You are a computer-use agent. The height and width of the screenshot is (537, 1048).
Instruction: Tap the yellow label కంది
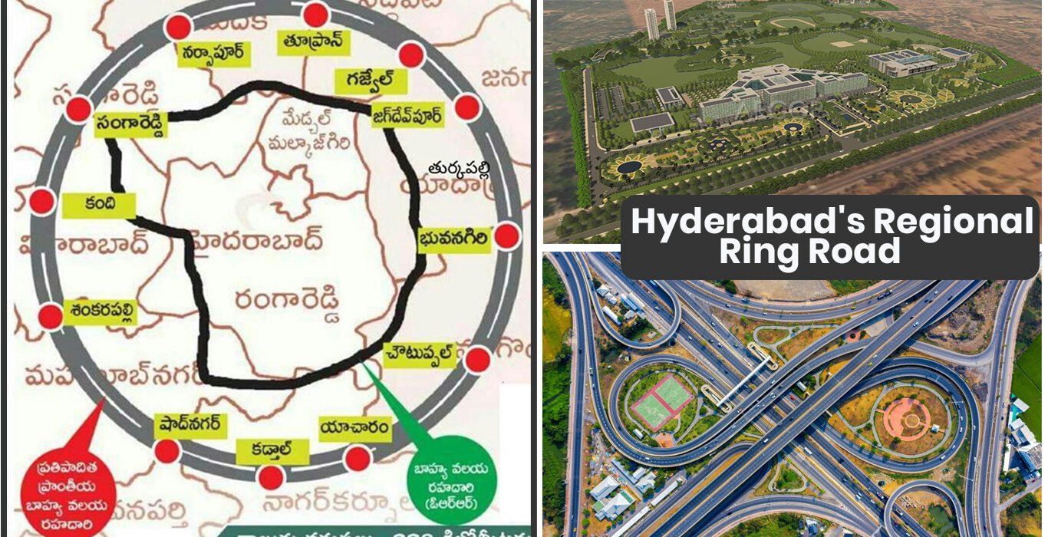click(99, 206)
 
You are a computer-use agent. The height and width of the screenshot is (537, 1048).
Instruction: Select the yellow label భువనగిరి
click(453, 239)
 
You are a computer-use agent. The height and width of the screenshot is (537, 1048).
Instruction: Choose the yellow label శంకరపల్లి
click(100, 311)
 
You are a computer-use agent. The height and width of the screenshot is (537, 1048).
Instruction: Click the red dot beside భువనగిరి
click(506, 236)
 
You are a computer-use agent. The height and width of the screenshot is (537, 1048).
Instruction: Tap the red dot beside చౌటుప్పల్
click(478, 359)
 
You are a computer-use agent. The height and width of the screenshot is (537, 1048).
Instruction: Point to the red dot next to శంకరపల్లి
click(50, 316)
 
